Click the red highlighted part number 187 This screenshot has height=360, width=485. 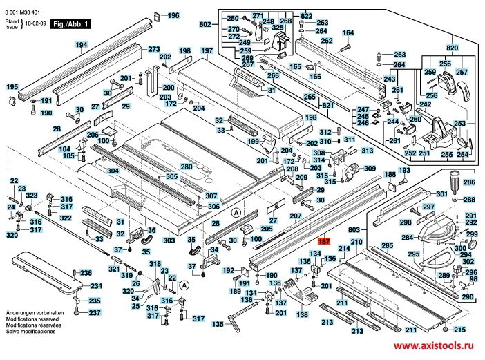[x=324, y=241]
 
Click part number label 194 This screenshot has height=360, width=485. [x=82, y=46]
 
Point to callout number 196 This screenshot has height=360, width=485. [x=172, y=15]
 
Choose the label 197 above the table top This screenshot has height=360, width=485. [x=207, y=51]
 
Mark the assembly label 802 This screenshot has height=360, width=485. [x=205, y=25]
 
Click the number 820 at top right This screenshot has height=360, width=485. [x=452, y=48]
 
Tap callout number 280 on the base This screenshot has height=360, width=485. [x=187, y=167]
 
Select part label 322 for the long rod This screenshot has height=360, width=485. [x=66, y=218]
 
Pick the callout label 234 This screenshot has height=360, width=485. [x=96, y=286]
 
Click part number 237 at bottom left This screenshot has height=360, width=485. [x=94, y=313]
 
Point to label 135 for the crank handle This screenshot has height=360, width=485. [x=218, y=323]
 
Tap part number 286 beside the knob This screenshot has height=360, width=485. [x=469, y=182]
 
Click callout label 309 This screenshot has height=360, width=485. [x=370, y=169]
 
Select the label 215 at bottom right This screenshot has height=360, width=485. [x=460, y=330]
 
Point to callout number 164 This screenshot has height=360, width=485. [x=348, y=33]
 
